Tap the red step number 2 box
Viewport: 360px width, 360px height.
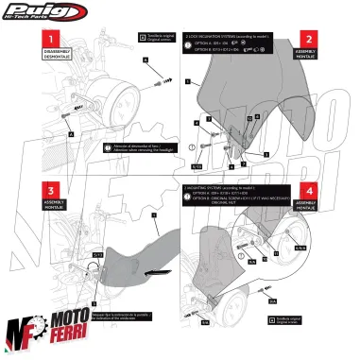pyautogui.click(x=334, y=41)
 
